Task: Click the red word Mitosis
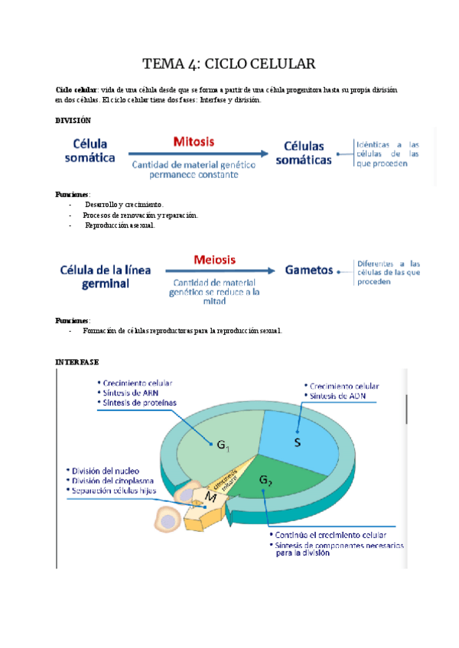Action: (194, 141)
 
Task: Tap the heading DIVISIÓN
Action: (73, 121)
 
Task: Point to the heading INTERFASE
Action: (77, 361)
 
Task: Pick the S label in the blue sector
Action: (298, 442)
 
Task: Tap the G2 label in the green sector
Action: (265, 481)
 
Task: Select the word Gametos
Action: (309, 270)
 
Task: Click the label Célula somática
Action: (94, 151)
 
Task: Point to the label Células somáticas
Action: (304, 153)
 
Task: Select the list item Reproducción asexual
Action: (119, 225)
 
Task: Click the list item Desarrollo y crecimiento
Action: (123, 205)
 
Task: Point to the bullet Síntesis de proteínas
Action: (137, 403)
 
